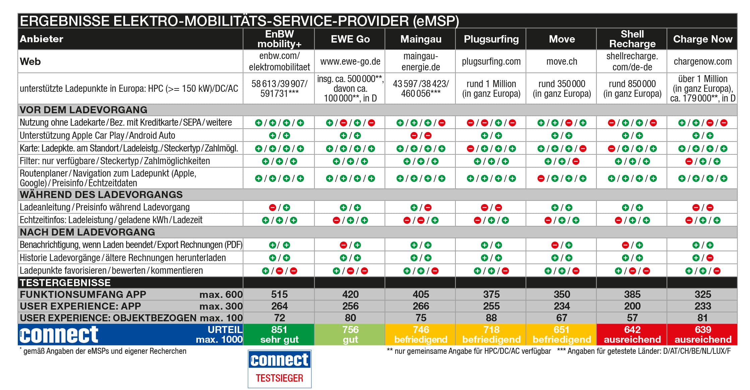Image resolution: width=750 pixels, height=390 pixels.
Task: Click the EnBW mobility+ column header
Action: pos(279,39)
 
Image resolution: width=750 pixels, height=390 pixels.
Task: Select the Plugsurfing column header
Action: pos(491,39)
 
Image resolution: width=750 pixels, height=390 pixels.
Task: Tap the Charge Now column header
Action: pos(702,39)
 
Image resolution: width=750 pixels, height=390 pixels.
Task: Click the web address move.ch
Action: pos(562,62)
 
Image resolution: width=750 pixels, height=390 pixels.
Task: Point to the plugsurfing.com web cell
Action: pos(491,62)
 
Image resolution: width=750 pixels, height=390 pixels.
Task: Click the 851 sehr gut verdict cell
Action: pos(279,334)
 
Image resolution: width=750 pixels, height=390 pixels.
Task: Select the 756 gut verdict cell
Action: pos(350,334)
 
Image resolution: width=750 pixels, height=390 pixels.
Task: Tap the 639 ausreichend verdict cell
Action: pos(702,334)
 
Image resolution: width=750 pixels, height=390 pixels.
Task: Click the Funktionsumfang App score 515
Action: pos(279,294)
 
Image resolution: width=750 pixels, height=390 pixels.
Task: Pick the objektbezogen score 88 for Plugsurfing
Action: pos(491,318)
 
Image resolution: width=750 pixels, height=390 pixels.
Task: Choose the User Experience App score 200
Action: pos(632,306)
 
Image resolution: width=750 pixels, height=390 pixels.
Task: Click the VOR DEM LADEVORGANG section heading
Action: pos(83,110)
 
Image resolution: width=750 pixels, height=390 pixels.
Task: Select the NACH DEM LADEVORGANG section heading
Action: pos(87,232)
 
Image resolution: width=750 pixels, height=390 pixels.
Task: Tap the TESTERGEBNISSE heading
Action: pos(65,283)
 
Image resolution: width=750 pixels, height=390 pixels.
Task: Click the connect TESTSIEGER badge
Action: pos(279,369)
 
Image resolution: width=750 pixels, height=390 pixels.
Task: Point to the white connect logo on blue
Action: pos(59,334)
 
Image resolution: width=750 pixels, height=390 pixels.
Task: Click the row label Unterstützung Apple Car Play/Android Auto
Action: pos(97,135)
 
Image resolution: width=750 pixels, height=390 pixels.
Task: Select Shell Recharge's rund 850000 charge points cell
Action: pos(632,88)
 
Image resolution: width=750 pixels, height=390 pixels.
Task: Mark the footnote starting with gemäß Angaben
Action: pos(104,351)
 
